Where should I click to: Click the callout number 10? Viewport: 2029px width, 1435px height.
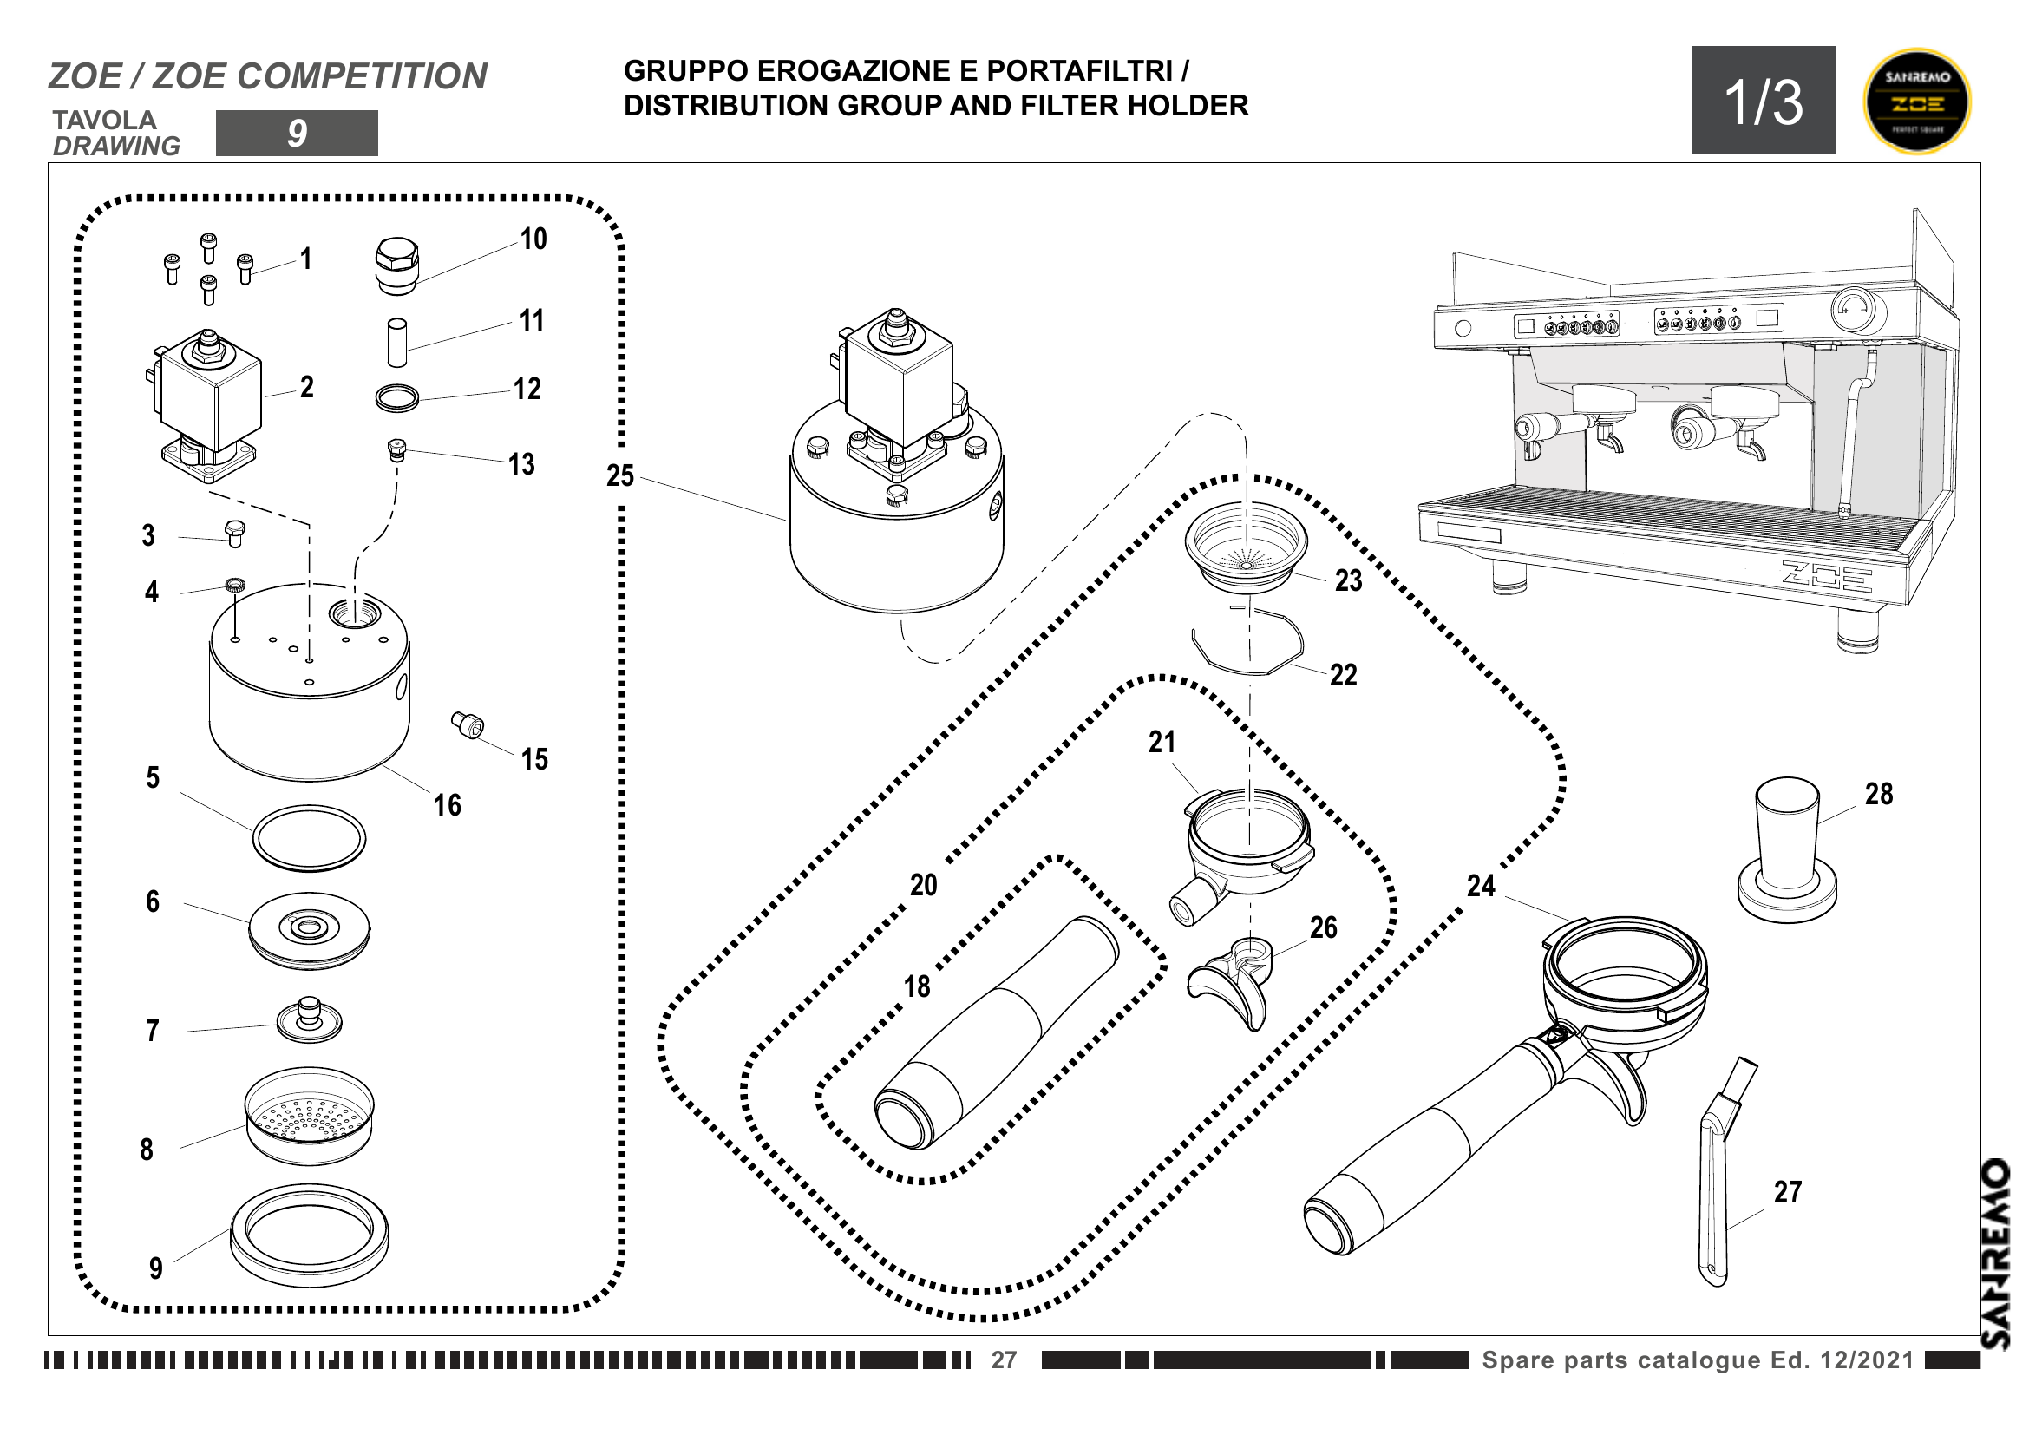click(x=533, y=239)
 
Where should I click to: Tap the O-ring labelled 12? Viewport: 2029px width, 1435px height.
click(x=396, y=398)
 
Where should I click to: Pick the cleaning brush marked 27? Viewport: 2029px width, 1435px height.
click(x=1720, y=1176)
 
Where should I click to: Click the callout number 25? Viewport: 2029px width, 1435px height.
click(x=619, y=476)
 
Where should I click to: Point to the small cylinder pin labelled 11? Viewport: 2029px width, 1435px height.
click(x=396, y=342)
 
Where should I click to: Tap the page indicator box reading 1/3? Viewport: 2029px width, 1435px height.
click(x=1763, y=101)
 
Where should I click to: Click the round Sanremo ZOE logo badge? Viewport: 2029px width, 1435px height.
click(x=1916, y=101)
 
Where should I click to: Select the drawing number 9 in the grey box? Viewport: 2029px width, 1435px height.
click(x=297, y=134)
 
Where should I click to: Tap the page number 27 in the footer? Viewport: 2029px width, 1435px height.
click(x=1003, y=1360)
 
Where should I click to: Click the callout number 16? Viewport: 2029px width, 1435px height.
click(x=447, y=805)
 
